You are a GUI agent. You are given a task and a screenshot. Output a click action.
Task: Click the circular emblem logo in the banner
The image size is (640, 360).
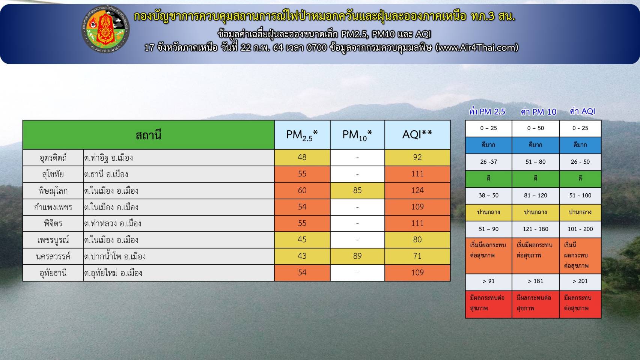pos(105,29)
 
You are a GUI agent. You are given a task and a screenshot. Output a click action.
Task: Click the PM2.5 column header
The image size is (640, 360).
pos(302,135)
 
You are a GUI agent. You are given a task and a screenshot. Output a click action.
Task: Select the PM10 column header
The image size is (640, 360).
pos(357,135)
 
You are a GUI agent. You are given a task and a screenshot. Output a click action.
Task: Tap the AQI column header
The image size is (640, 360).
pos(417,134)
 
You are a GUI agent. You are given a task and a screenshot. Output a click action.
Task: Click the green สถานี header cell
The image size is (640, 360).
pos(149,135)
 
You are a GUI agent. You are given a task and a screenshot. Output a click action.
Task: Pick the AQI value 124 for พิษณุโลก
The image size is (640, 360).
pos(417,190)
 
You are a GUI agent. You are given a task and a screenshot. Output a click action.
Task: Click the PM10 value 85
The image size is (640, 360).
pos(357,190)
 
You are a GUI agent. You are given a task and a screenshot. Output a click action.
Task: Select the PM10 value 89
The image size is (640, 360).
pos(357,256)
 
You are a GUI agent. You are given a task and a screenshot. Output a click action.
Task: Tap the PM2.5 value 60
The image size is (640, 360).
pos(302,190)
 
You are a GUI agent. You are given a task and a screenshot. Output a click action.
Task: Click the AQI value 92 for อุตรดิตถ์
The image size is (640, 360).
pos(417,157)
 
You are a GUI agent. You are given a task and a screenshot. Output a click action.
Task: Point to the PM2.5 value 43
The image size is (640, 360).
pos(302,256)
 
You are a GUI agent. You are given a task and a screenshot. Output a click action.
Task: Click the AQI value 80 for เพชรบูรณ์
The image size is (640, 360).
pos(417,239)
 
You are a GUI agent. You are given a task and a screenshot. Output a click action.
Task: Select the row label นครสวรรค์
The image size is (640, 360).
pos(53,256)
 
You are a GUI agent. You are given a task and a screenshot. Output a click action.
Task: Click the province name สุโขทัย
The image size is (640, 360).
pos(53,174)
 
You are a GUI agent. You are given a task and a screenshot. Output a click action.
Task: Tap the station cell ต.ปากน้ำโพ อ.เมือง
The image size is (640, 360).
pos(115,256)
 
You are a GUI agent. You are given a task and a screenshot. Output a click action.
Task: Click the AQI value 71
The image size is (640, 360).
pos(417,256)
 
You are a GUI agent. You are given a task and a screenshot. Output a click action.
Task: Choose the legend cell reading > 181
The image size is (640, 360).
pos(535,281)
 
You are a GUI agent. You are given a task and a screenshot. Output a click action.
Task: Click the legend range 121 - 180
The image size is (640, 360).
pos(535,229)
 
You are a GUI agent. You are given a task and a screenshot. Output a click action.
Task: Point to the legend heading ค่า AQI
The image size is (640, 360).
pos(582,111)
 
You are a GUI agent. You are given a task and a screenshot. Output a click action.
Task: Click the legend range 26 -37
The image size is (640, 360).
pos(489,162)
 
